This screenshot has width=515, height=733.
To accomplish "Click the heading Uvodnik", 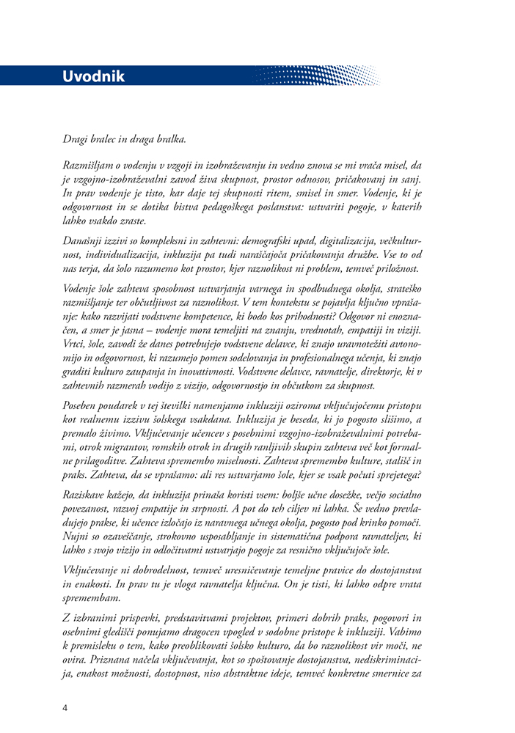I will pos(93,76).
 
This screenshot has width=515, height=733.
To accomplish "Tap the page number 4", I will pos(65,708).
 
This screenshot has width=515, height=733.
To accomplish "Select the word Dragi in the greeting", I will pos(76,139).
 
